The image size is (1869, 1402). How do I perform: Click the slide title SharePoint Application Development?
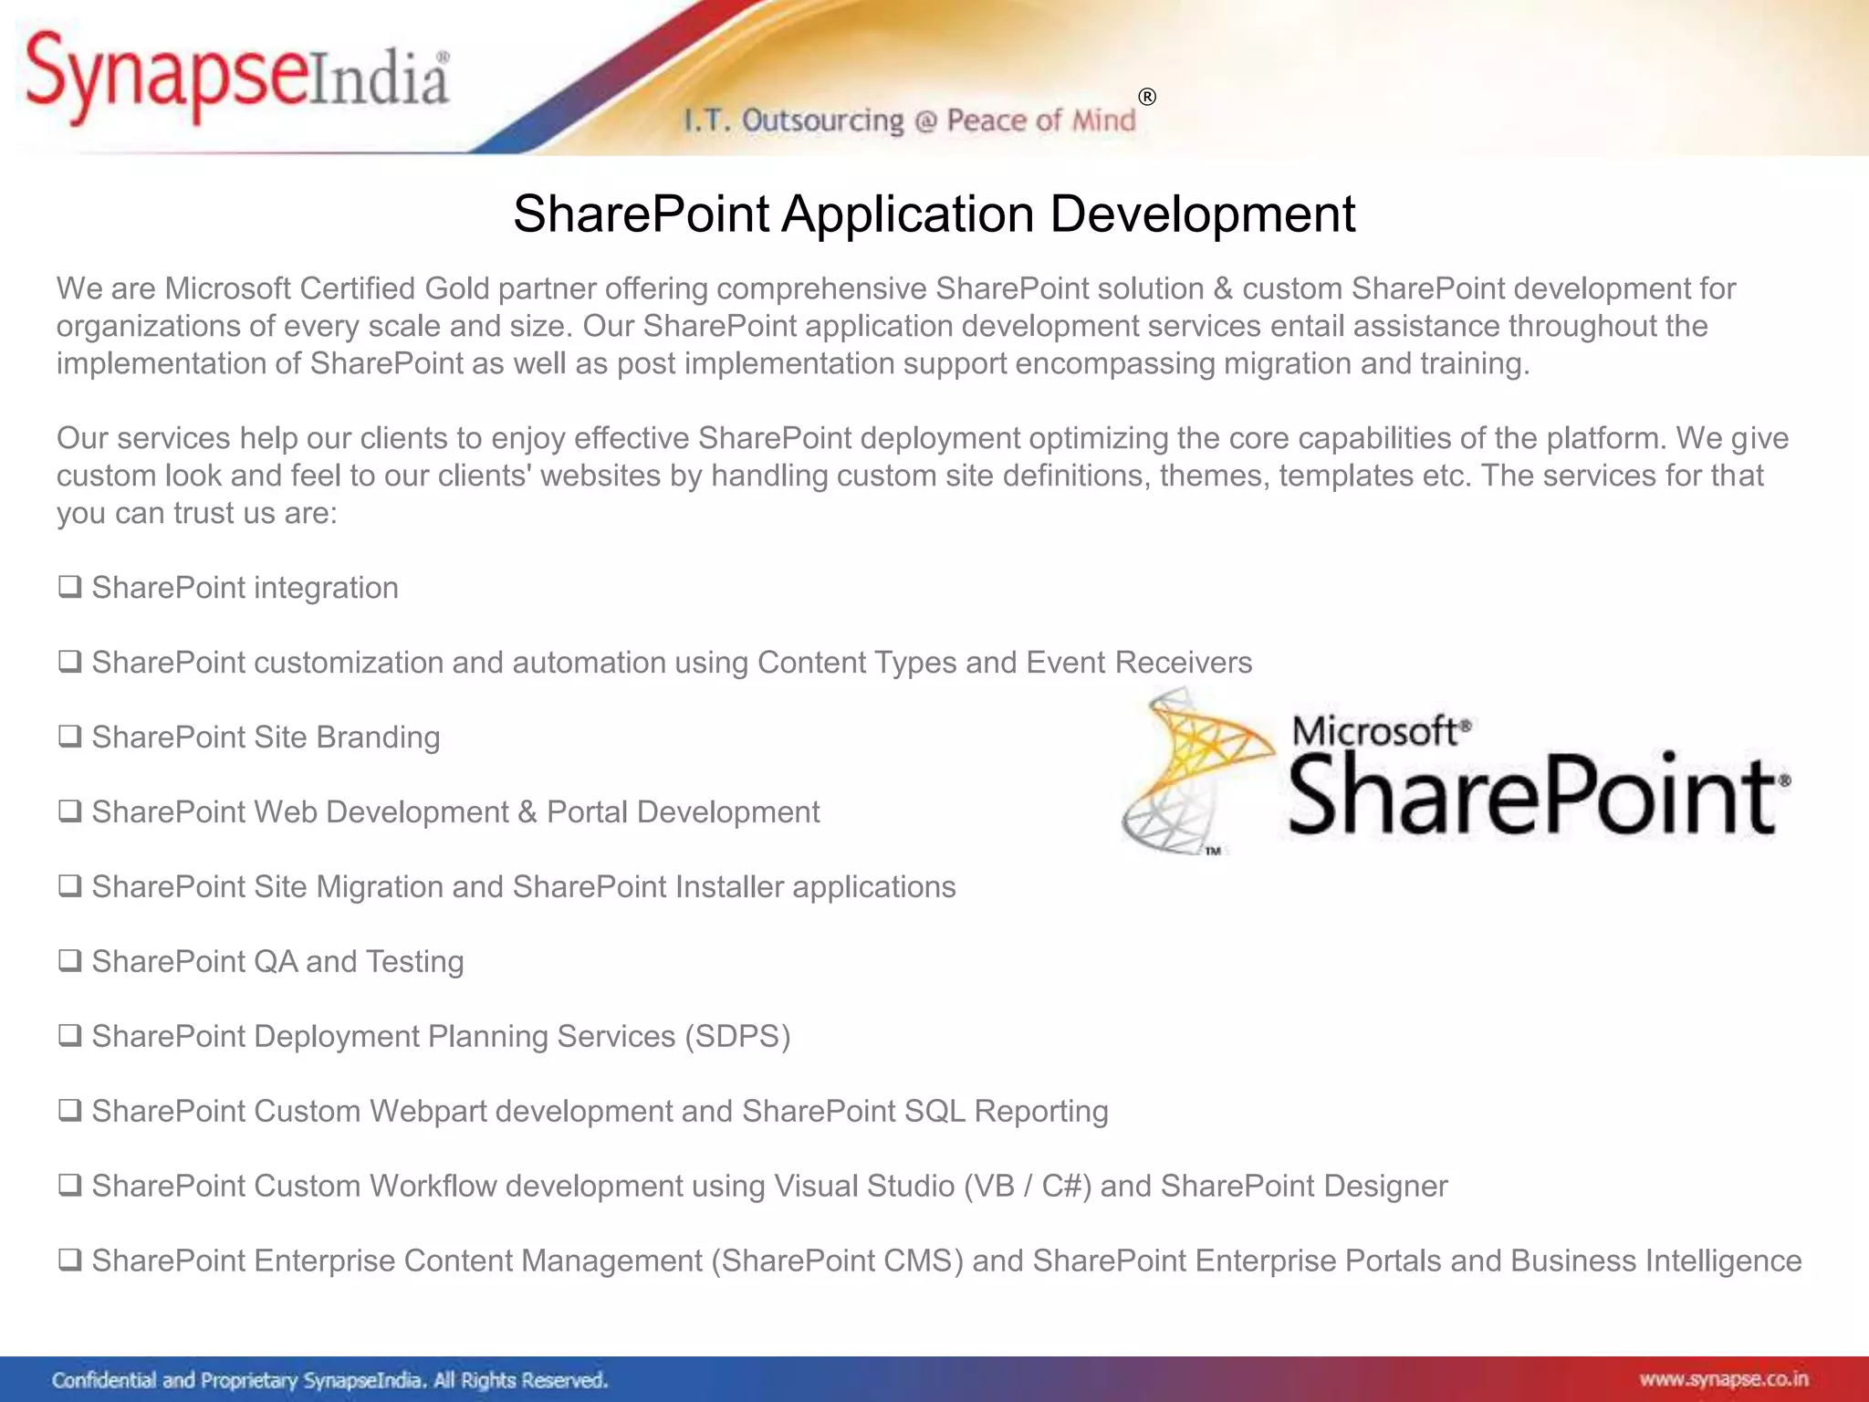tap(934, 214)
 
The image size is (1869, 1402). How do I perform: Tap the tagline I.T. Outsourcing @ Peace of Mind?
tap(910, 120)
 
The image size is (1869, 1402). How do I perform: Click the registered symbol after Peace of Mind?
tap(1147, 97)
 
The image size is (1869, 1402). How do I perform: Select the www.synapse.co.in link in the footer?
tap(1723, 1379)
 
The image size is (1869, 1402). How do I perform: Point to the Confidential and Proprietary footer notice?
tap(329, 1380)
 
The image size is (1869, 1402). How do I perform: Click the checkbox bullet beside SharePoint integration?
tap(69, 587)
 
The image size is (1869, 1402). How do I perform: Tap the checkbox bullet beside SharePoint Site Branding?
tap(69, 737)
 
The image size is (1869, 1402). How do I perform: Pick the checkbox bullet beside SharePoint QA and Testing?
tap(69, 961)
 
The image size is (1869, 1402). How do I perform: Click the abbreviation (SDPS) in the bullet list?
tap(737, 1037)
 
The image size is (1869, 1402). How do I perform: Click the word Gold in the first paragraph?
tap(456, 288)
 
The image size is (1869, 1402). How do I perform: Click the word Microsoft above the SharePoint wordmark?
tap(1374, 731)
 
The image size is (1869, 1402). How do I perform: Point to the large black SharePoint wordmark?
tap(1533, 794)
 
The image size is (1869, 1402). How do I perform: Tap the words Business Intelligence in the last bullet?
tap(1655, 1261)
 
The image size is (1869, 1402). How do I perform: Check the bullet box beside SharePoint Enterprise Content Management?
tap(69, 1261)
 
